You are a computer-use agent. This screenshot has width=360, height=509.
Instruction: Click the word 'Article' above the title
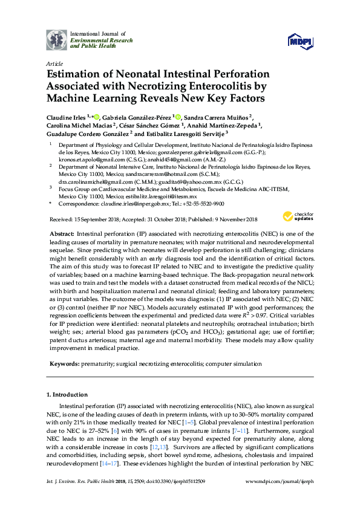point(54,63)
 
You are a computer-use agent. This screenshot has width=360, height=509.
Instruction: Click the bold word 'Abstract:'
point(63,233)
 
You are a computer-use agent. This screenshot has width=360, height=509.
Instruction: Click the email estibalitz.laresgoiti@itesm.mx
point(161,196)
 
